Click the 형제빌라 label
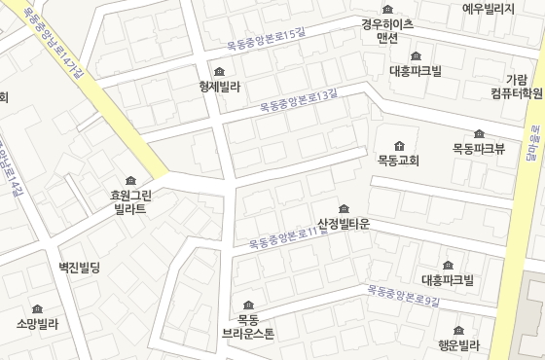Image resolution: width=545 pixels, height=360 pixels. pos(219,87)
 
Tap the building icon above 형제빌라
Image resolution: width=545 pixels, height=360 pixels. pos(219,71)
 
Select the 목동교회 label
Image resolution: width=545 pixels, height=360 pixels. pos(398,161)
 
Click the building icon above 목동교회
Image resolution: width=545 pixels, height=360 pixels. pos(398,145)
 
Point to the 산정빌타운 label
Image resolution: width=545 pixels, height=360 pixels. pos(344,224)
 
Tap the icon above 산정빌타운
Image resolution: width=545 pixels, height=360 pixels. pos(343,208)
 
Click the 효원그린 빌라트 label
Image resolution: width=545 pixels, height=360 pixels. pos(130,201)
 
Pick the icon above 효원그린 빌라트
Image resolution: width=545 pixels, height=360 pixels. pos(130,180)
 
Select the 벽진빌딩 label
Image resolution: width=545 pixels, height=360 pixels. pos(80,267)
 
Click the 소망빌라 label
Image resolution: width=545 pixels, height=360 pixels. pos(37,324)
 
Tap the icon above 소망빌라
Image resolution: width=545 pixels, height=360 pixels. pos(37,308)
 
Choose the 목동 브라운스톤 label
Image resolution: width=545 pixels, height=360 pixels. pos(248,326)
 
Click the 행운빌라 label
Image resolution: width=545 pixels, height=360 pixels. pos(458,345)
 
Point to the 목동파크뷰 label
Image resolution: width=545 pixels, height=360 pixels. pos(479,149)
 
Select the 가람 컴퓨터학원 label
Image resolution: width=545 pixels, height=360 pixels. pos(517,87)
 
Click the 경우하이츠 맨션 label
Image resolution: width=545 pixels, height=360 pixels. pos(387,30)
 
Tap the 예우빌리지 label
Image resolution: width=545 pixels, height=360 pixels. pos(488,9)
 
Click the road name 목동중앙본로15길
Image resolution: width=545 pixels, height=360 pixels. pos(266,39)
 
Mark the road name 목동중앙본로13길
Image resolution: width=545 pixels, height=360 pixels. pos(299,100)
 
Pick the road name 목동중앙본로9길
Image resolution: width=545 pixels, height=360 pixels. pos(404,296)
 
